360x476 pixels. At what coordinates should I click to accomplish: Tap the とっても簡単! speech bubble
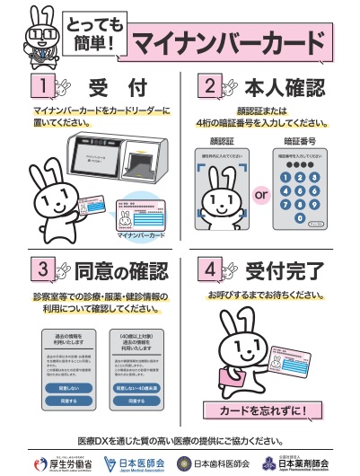[93, 34]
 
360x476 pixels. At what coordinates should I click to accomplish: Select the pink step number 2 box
[207, 87]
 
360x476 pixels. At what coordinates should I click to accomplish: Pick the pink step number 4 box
[207, 269]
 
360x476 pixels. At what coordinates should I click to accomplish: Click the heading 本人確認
[286, 88]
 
